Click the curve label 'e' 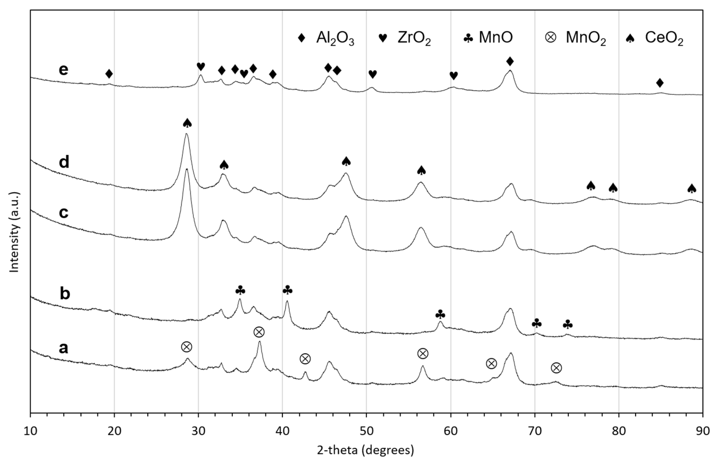tap(64, 70)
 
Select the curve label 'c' tap(64, 212)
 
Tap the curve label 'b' tap(65, 293)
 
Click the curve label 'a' tap(64, 348)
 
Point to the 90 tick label tap(702, 431)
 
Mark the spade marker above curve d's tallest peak tap(187, 123)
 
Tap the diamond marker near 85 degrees tap(660, 83)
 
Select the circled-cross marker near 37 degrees tap(259, 332)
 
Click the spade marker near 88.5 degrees tap(692, 188)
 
